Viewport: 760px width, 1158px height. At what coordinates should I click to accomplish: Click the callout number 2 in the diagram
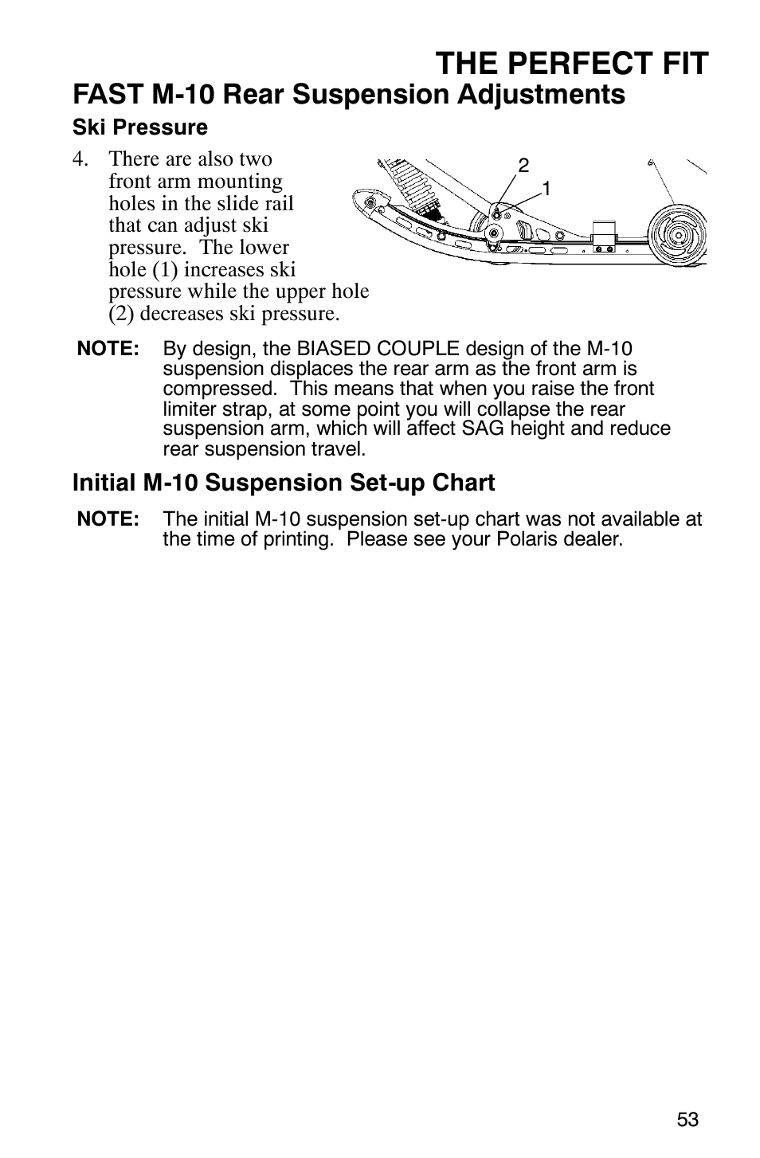tap(523, 166)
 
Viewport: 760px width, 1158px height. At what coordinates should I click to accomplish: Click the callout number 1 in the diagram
tap(547, 189)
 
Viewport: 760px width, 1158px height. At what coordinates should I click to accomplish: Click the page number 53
tap(688, 1120)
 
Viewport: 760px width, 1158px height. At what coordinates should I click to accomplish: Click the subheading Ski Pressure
tap(140, 127)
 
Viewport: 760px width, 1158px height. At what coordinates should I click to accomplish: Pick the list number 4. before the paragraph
tap(81, 159)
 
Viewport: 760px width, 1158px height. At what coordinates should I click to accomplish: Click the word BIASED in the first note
tap(331, 349)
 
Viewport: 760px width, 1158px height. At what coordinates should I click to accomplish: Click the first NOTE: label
tap(108, 349)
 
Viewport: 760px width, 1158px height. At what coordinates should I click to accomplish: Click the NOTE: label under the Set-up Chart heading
tap(108, 519)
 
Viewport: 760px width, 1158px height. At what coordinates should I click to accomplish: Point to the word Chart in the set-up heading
tap(464, 483)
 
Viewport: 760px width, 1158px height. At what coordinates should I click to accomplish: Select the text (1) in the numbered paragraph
tap(165, 270)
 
